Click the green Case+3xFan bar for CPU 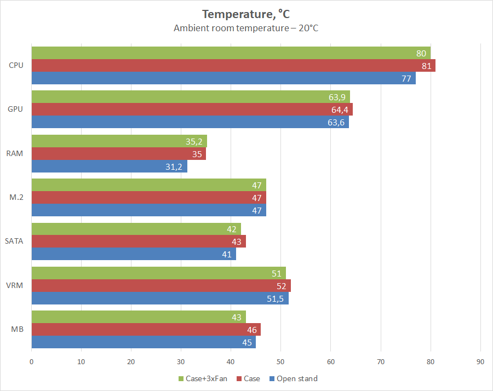tap(230, 53)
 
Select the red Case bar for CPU tap(233, 66)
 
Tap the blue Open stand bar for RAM tap(110, 166)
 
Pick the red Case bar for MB tap(146, 330)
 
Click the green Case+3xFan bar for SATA tap(136, 229)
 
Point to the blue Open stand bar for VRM tap(159, 298)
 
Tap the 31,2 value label tap(174, 166)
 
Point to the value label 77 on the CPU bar tap(406, 78)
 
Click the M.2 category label tap(16, 197)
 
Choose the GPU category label tap(15, 109)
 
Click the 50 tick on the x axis tap(280, 361)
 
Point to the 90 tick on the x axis tap(480, 361)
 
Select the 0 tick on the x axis tap(31, 361)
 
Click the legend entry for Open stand tap(296, 378)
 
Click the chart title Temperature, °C tap(246, 14)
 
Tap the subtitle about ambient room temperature tap(246, 28)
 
